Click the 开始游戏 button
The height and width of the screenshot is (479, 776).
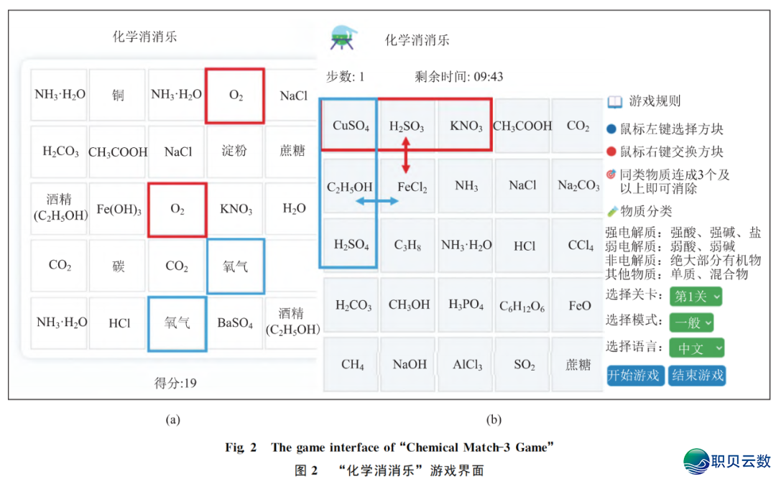click(x=636, y=375)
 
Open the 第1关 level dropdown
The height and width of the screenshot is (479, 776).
click(x=696, y=297)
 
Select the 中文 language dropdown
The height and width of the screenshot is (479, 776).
click(x=696, y=348)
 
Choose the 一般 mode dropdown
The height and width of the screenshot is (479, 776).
click(x=691, y=322)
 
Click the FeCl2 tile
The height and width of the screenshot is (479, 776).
click(x=412, y=187)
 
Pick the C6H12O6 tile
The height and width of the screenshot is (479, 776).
click(x=522, y=306)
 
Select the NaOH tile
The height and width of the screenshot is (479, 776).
click(x=410, y=364)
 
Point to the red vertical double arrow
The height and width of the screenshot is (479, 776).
click(x=406, y=157)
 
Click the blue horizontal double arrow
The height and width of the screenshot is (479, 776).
click(x=377, y=203)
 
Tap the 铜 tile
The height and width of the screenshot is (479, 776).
click(x=118, y=96)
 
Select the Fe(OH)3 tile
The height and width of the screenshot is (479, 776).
click(x=119, y=210)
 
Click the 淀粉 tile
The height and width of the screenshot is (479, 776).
click(x=234, y=151)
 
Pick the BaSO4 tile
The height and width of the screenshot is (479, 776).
click(x=235, y=323)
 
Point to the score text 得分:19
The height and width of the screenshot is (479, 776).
click(x=175, y=383)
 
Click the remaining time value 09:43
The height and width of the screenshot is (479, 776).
click(x=489, y=77)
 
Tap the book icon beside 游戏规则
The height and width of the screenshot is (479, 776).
click(x=615, y=101)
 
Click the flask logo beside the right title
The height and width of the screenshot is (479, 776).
click(x=343, y=37)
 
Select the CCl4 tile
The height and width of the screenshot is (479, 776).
click(x=580, y=246)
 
